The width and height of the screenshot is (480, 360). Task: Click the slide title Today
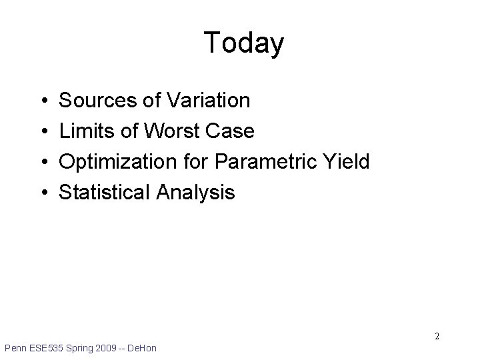coord(243,43)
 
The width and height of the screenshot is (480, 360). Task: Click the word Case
coord(233,131)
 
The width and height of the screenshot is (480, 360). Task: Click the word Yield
coord(346,162)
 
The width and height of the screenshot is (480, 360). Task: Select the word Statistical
coord(105,193)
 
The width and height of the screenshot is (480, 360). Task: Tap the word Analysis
coord(195,193)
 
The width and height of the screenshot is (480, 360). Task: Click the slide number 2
coord(437,336)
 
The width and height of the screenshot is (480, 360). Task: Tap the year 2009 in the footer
coord(111,348)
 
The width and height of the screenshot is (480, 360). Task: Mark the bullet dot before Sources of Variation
coord(43,101)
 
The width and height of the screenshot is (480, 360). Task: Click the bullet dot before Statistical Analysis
coord(43,193)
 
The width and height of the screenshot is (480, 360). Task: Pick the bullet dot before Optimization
coord(43,163)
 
